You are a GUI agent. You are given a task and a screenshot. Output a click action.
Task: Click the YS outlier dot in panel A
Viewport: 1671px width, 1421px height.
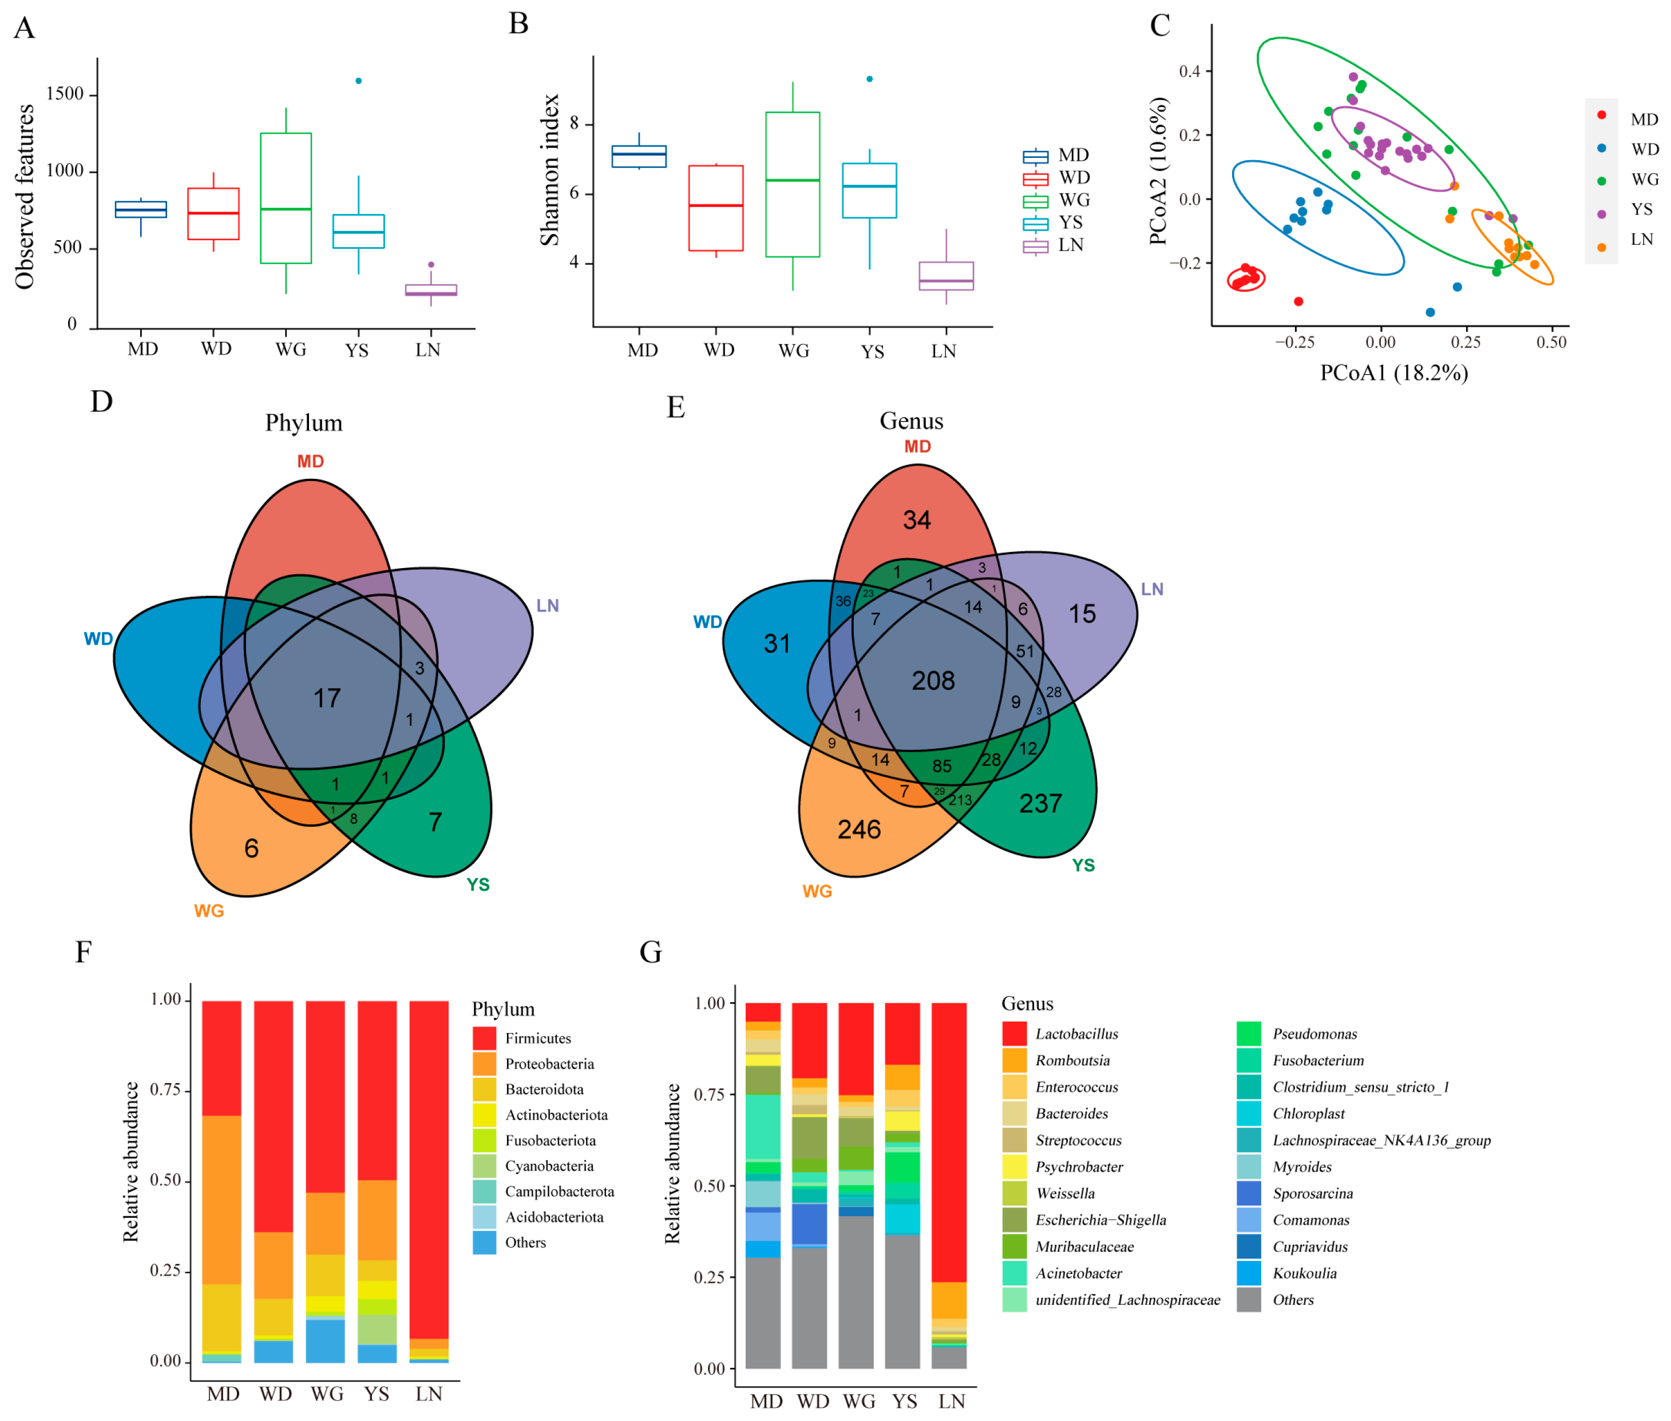359,81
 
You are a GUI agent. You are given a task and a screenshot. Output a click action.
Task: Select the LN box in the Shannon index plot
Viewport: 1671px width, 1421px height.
946,276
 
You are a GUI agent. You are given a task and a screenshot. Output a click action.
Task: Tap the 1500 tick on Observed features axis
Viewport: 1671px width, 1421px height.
65,94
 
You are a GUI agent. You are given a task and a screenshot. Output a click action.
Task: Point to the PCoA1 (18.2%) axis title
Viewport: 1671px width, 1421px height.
1393,373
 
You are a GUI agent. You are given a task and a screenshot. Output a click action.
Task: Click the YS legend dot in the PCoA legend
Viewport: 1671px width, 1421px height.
1601,213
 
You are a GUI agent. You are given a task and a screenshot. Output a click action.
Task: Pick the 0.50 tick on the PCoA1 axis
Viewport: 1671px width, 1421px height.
1551,342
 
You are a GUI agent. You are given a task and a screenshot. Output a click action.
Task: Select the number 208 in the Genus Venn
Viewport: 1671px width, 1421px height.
933,681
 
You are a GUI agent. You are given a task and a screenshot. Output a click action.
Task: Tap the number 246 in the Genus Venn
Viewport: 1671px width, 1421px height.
859,829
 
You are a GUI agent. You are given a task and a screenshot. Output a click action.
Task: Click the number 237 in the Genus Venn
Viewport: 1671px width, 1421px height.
1040,803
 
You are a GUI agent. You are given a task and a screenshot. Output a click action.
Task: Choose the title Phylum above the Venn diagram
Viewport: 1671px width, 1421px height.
304,423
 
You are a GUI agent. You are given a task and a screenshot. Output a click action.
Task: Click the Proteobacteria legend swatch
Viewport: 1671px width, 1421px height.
484,1063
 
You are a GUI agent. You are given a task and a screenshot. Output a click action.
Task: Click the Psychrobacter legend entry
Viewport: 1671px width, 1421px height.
1079,1166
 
